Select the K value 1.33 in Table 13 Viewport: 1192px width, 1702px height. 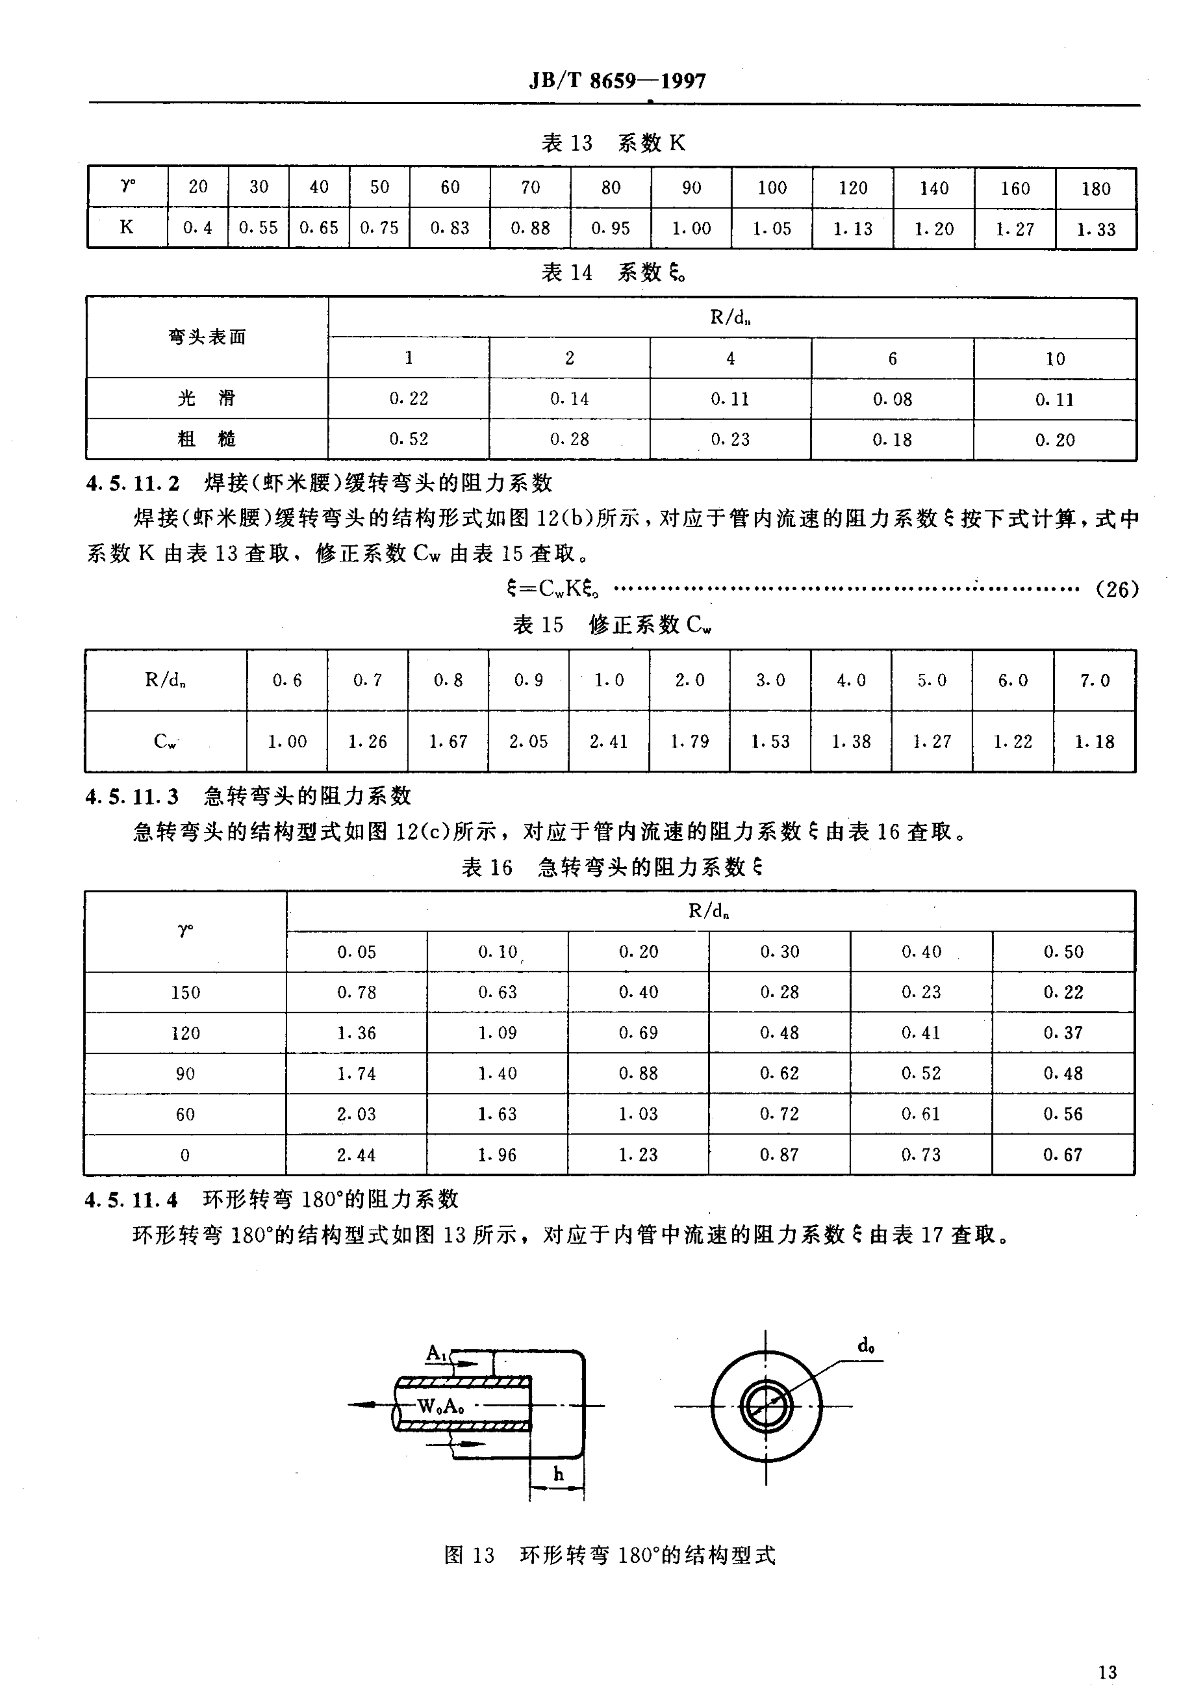coord(1096,229)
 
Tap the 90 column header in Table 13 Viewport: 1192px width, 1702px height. coord(691,188)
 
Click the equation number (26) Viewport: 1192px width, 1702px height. coord(1116,589)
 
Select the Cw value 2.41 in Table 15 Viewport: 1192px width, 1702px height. coord(609,741)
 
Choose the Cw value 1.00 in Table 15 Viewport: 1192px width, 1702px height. coord(287,741)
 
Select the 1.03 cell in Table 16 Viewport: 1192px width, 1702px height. coord(638,1114)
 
